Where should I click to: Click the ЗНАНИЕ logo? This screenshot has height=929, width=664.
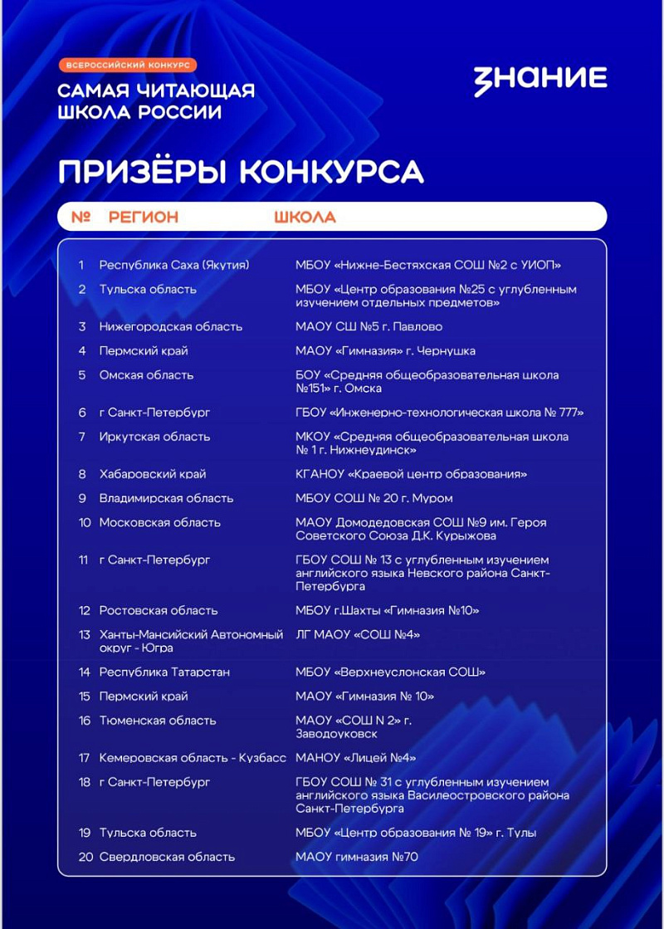point(540,80)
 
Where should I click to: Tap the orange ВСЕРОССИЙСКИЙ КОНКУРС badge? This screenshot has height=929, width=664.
point(127,64)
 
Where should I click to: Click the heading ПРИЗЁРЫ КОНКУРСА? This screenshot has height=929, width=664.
point(241,171)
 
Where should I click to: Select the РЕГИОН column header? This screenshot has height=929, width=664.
point(143,218)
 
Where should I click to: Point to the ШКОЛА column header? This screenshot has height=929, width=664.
point(305,218)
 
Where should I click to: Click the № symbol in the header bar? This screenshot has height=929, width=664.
point(81,218)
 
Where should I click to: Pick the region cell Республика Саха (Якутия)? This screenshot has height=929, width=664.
point(174,265)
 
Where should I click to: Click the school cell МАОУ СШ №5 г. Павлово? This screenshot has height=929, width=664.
point(369,326)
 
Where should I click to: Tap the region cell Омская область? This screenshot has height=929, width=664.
point(146,375)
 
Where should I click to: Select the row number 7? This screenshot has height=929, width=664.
point(82,437)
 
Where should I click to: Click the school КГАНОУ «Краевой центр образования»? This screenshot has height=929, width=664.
point(411,474)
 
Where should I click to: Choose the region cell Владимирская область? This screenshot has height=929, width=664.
point(166,498)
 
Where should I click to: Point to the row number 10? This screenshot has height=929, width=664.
point(85,523)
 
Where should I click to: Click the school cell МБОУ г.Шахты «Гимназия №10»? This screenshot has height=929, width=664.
point(387,610)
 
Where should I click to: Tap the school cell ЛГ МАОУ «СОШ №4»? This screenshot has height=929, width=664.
point(358,635)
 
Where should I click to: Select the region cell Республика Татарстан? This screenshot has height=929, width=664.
point(164,672)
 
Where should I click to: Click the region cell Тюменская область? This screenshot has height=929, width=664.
point(157,721)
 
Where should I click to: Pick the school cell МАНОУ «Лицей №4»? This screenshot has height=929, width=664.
point(355,757)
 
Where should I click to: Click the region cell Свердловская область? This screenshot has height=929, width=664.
point(167,856)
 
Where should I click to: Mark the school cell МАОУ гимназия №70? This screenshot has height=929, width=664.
point(356,856)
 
